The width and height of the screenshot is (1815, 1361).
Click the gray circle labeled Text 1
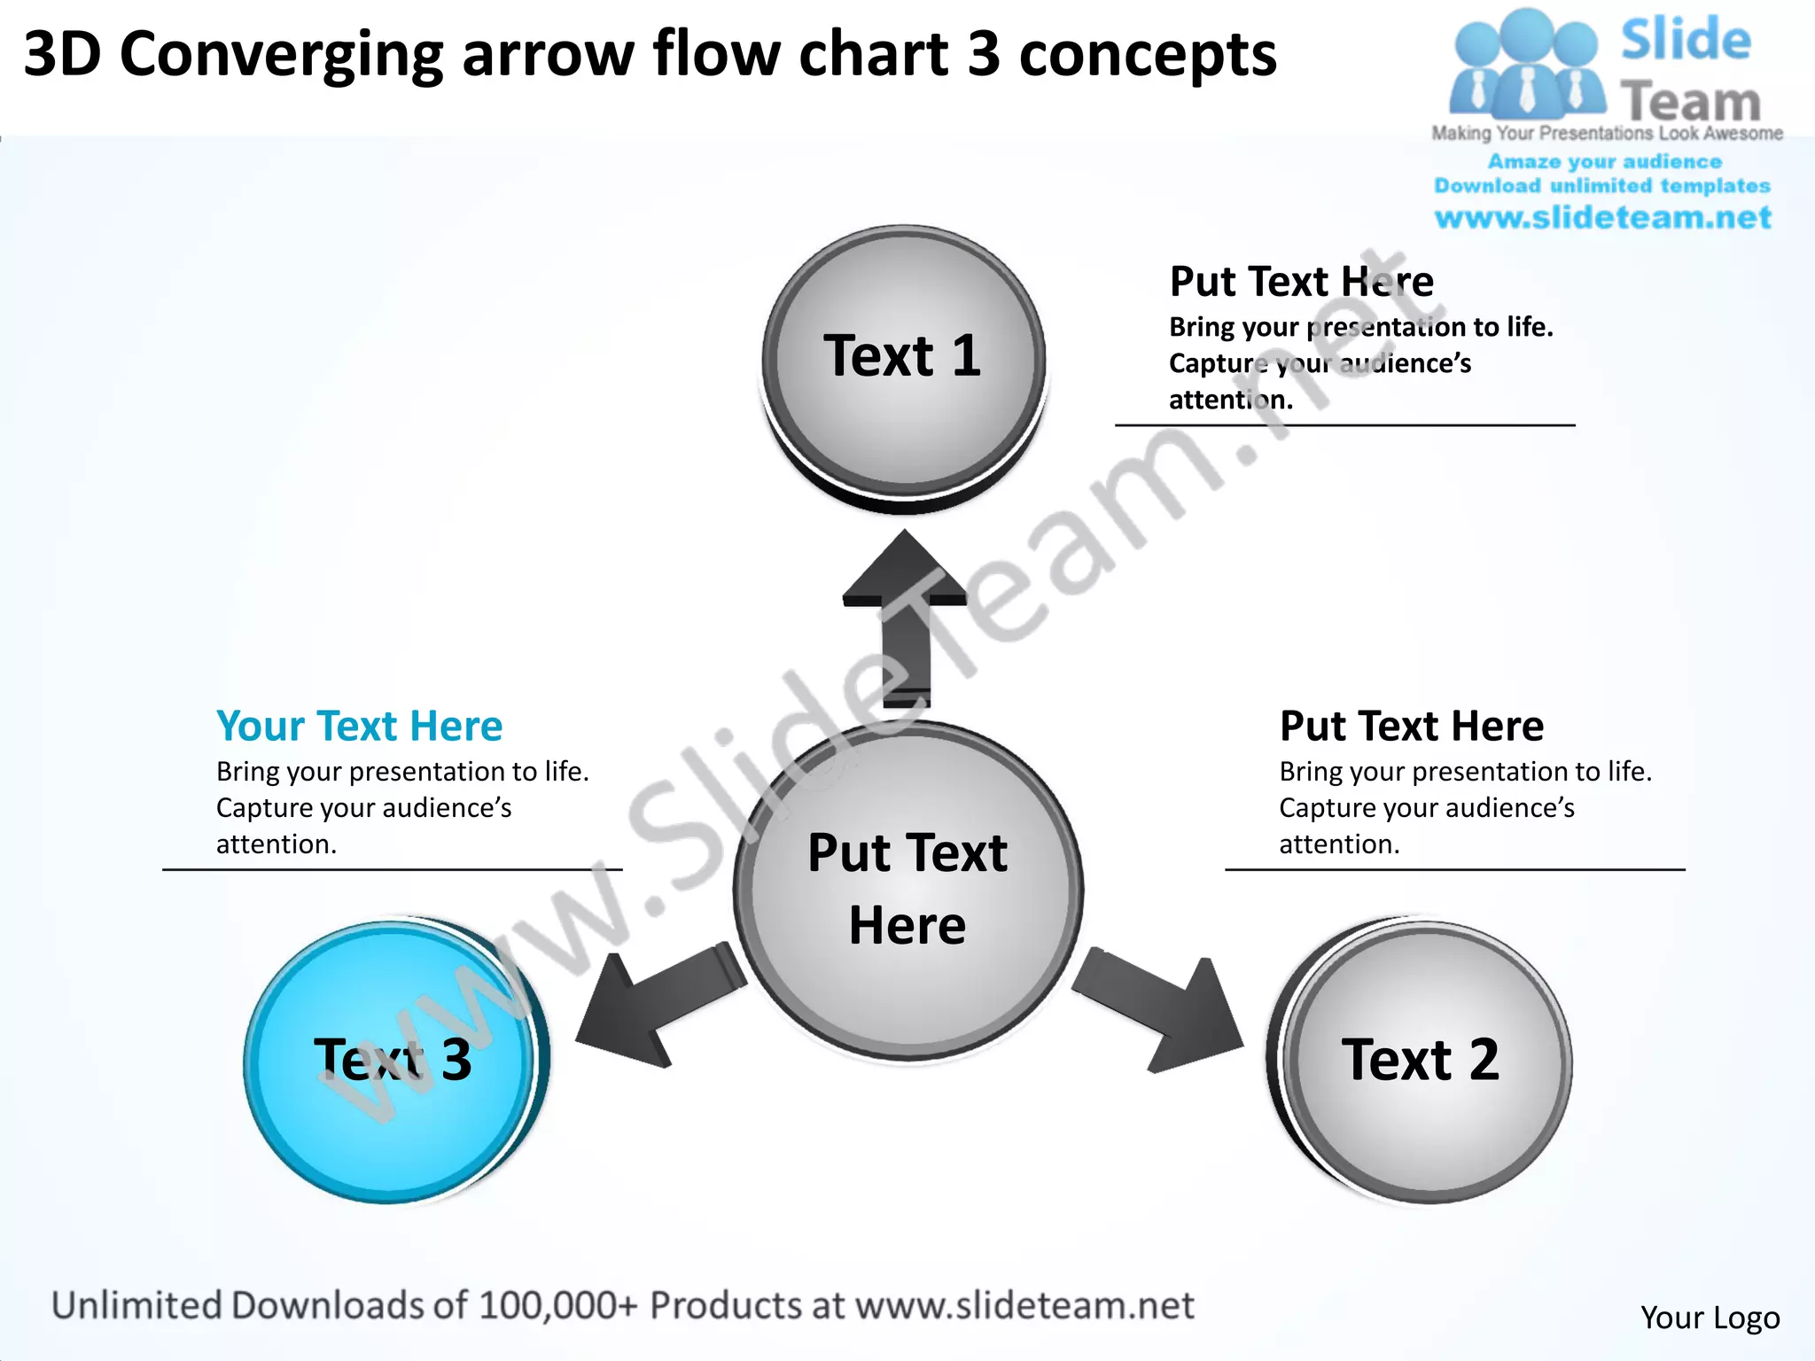904,363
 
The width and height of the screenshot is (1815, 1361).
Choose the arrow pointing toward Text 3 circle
656,1010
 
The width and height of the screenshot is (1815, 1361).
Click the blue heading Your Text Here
359,726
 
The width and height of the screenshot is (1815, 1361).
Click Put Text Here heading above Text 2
1411,726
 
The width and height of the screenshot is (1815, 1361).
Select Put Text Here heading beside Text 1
1301,282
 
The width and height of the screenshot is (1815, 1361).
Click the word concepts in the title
1148,55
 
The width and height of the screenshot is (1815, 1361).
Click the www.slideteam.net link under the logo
1602,218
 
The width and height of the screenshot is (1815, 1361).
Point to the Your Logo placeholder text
1710,1318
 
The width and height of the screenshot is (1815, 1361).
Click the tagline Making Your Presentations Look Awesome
1607,134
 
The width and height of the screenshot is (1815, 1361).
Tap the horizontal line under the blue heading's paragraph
392,870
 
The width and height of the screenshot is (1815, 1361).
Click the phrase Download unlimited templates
1602,186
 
